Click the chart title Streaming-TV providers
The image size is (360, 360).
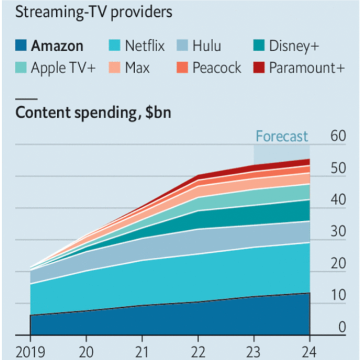[94, 12]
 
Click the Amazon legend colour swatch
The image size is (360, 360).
[21, 46]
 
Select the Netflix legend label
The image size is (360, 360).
[145, 46]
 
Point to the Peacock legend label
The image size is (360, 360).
[217, 68]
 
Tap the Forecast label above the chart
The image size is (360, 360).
[282, 136]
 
